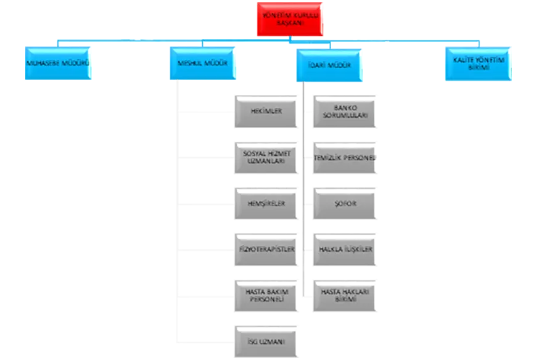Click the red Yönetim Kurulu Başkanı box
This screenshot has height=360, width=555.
coord(290,18)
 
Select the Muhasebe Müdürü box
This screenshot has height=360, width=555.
coord(57,63)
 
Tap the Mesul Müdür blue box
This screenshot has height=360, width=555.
coord(202,63)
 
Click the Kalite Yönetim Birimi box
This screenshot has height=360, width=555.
coord(478,64)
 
